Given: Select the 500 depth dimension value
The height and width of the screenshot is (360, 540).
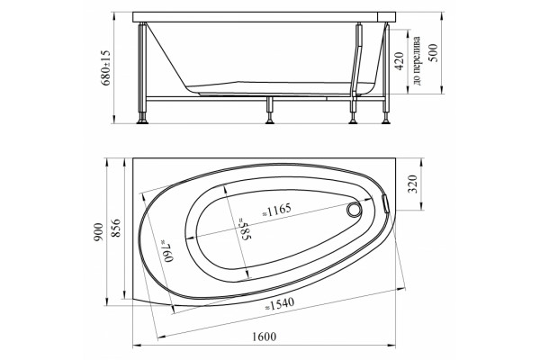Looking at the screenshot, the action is tap(433, 53).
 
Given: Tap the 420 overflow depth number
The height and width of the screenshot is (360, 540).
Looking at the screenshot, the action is tap(399, 61).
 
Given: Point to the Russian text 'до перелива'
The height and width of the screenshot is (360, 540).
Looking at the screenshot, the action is tap(417, 60).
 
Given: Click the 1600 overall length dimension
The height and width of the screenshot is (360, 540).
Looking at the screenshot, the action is tap(264, 337).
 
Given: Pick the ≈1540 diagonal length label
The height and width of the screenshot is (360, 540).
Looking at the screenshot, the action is tap(279, 304).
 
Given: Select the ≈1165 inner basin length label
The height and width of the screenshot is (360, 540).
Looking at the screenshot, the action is tap(276, 210).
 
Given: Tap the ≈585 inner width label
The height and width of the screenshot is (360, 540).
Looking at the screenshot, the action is tap(244, 229).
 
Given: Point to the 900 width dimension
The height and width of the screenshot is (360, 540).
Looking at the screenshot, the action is tap(98, 232).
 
